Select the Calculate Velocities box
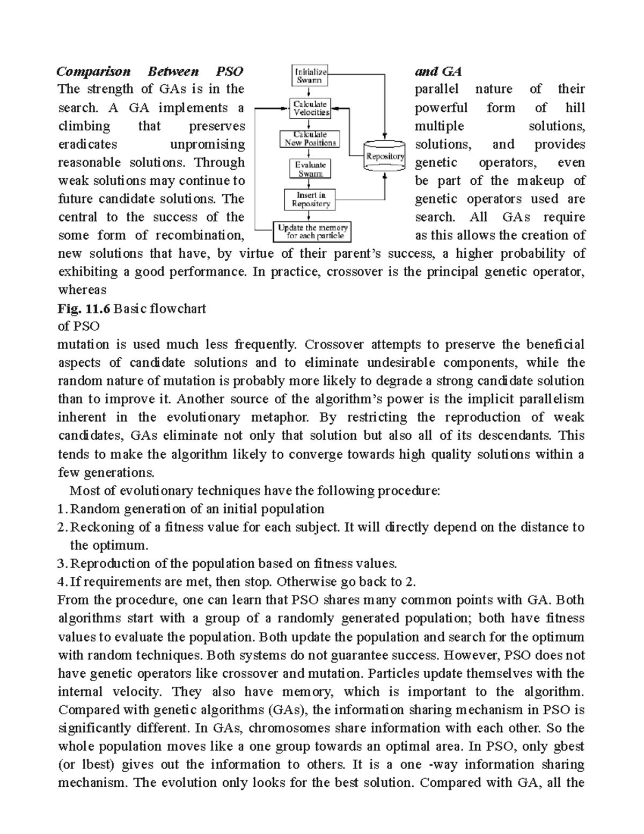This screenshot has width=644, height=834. [311, 108]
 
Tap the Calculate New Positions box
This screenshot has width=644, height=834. [310, 139]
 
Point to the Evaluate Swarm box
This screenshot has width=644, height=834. [310, 169]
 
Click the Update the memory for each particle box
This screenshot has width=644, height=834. [312, 231]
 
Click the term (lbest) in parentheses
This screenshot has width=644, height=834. [81, 765]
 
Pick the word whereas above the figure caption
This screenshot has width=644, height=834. [82, 291]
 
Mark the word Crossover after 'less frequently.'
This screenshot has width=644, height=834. [334, 345]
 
